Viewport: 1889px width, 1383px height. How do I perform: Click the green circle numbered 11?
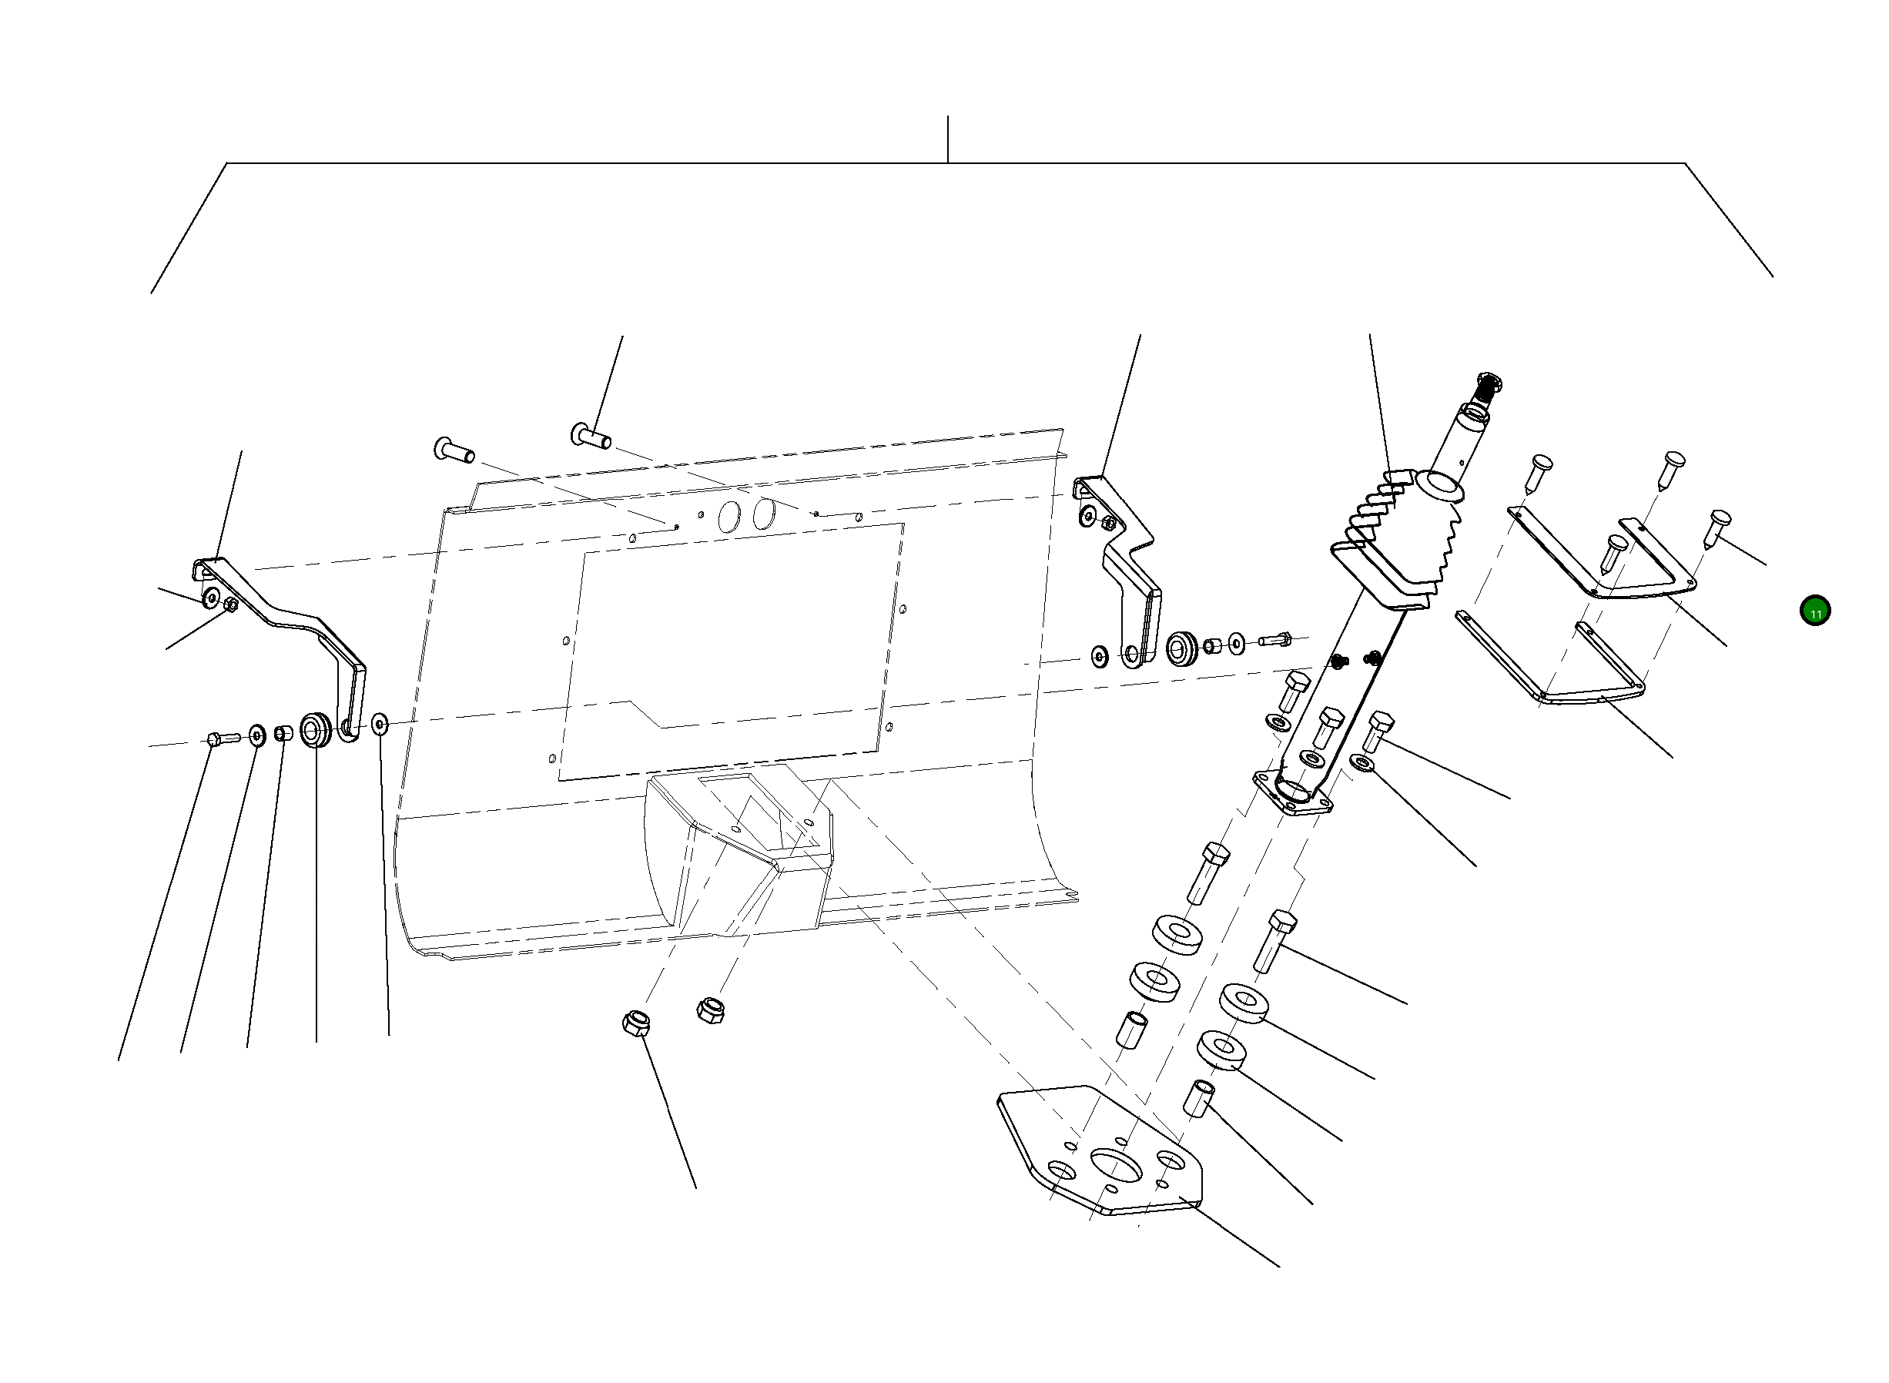click(x=1814, y=611)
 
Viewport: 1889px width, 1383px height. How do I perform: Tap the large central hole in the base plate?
click(x=1116, y=1166)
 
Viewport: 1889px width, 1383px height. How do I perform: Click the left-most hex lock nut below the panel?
click(x=636, y=1023)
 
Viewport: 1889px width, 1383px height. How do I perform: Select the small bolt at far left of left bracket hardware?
click(x=214, y=738)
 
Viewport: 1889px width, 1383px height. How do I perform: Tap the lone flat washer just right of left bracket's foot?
click(x=380, y=722)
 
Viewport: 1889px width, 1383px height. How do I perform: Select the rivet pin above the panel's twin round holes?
click(x=591, y=435)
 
